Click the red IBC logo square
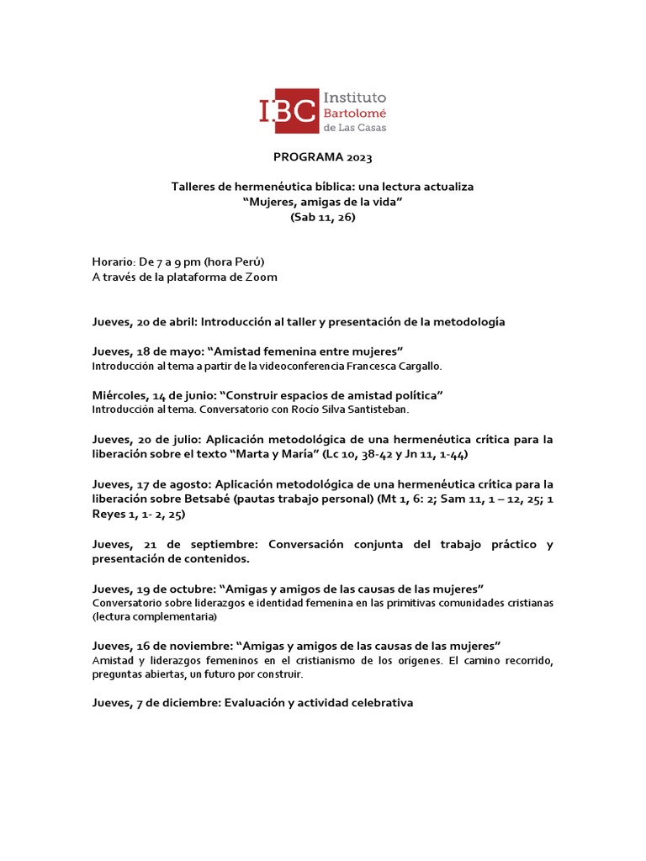289,111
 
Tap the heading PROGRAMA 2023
322,157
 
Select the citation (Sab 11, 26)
322,217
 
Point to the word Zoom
261,277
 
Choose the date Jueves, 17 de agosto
151,484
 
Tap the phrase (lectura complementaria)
155,616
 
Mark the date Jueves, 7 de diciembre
155,703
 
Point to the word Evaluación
253,703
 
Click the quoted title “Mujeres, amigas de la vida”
322,202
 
